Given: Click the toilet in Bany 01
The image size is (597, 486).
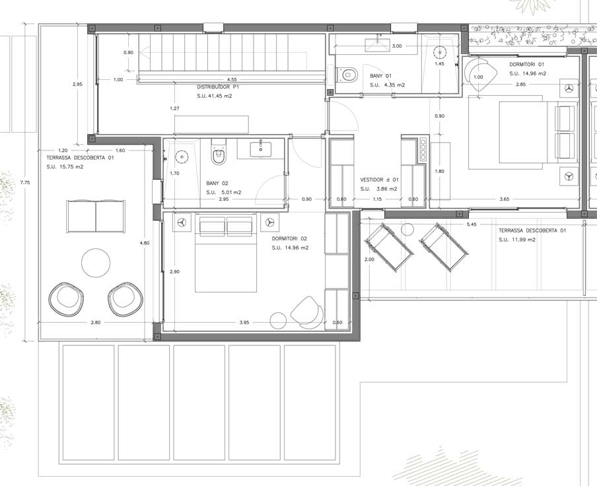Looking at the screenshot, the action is [347, 74].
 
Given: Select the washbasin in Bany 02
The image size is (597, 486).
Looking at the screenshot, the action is [261, 149].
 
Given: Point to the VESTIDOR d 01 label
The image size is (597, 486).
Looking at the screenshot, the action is [379, 180].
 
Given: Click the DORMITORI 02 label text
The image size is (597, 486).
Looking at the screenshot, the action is [289, 238].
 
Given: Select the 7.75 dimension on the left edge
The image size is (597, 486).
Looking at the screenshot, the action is [24, 182].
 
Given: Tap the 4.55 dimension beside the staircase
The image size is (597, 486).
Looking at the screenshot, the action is [232, 79].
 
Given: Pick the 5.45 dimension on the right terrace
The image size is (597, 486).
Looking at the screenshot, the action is [472, 224].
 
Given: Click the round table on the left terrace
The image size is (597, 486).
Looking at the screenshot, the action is [96, 263].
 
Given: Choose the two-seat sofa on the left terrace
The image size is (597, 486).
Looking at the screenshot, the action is [96, 216].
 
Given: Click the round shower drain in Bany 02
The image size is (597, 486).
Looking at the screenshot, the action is [182, 156].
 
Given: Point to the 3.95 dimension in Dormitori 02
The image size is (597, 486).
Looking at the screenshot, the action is [244, 322].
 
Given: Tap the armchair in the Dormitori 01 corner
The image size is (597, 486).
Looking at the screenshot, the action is [481, 74].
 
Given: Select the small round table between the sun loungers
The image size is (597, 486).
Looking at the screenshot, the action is [407, 230].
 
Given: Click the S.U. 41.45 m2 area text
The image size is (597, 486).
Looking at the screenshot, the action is [215, 96].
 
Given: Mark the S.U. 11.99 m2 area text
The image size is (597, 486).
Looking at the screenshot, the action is [517, 240].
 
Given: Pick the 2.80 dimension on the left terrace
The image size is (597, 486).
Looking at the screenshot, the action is [96, 322].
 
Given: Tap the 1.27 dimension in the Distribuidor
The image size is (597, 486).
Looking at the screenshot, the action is [174, 108].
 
